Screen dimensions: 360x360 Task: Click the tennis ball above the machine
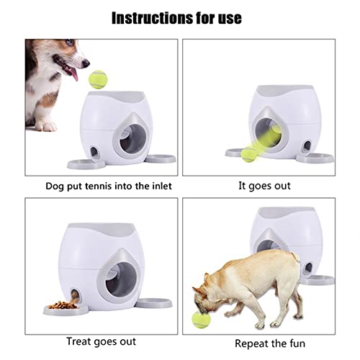pos(97,79)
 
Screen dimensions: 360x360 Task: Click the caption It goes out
pos(264,186)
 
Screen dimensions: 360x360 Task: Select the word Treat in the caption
pos(79,341)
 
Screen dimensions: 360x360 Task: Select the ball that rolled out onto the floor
pos(249,153)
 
